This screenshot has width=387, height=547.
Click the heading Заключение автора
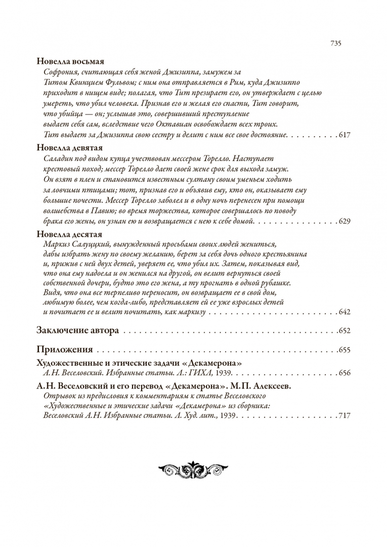(78, 331)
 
